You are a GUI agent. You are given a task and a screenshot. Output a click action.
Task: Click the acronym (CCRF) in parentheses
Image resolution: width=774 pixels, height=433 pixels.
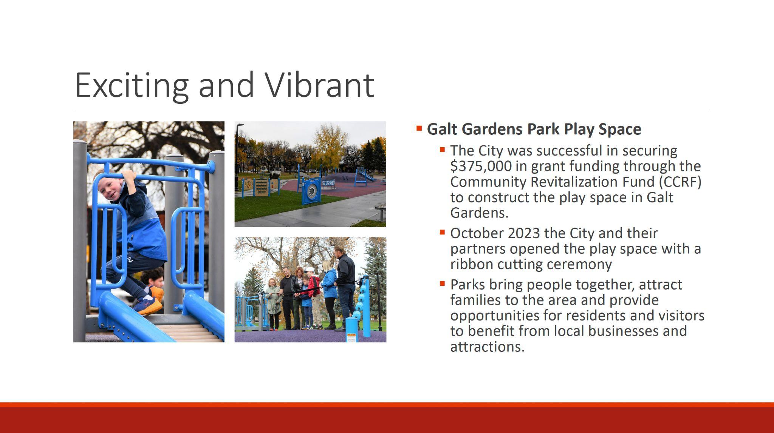(680, 182)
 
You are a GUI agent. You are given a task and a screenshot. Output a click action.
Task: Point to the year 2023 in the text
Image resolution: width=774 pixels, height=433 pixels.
(524, 233)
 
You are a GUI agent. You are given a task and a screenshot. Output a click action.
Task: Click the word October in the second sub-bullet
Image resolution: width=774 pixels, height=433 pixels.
(477, 233)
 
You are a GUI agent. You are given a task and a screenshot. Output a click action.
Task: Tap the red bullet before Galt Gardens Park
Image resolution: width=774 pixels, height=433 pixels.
(419, 128)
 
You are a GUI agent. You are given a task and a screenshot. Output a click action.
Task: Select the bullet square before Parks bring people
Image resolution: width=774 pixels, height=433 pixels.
(443, 283)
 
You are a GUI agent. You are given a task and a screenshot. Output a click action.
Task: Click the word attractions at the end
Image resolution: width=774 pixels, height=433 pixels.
(487, 347)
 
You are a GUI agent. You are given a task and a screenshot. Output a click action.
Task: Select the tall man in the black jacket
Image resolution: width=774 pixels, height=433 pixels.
(345, 287)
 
